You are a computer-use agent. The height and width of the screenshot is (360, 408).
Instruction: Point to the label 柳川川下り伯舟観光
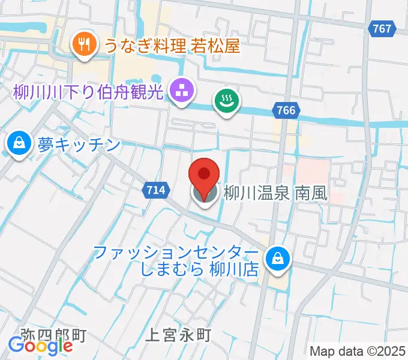click(89, 93)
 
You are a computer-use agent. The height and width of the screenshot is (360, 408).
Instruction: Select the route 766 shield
click(287, 110)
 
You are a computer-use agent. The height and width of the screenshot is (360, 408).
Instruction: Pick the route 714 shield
click(154, 190)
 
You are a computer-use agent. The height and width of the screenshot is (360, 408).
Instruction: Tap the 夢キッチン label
click(78, 145)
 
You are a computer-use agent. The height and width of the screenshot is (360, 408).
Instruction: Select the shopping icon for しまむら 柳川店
click(278, 259)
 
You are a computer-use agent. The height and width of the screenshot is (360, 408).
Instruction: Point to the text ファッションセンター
click(177, 251)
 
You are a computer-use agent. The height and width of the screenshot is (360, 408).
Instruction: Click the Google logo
click(41, 345)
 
